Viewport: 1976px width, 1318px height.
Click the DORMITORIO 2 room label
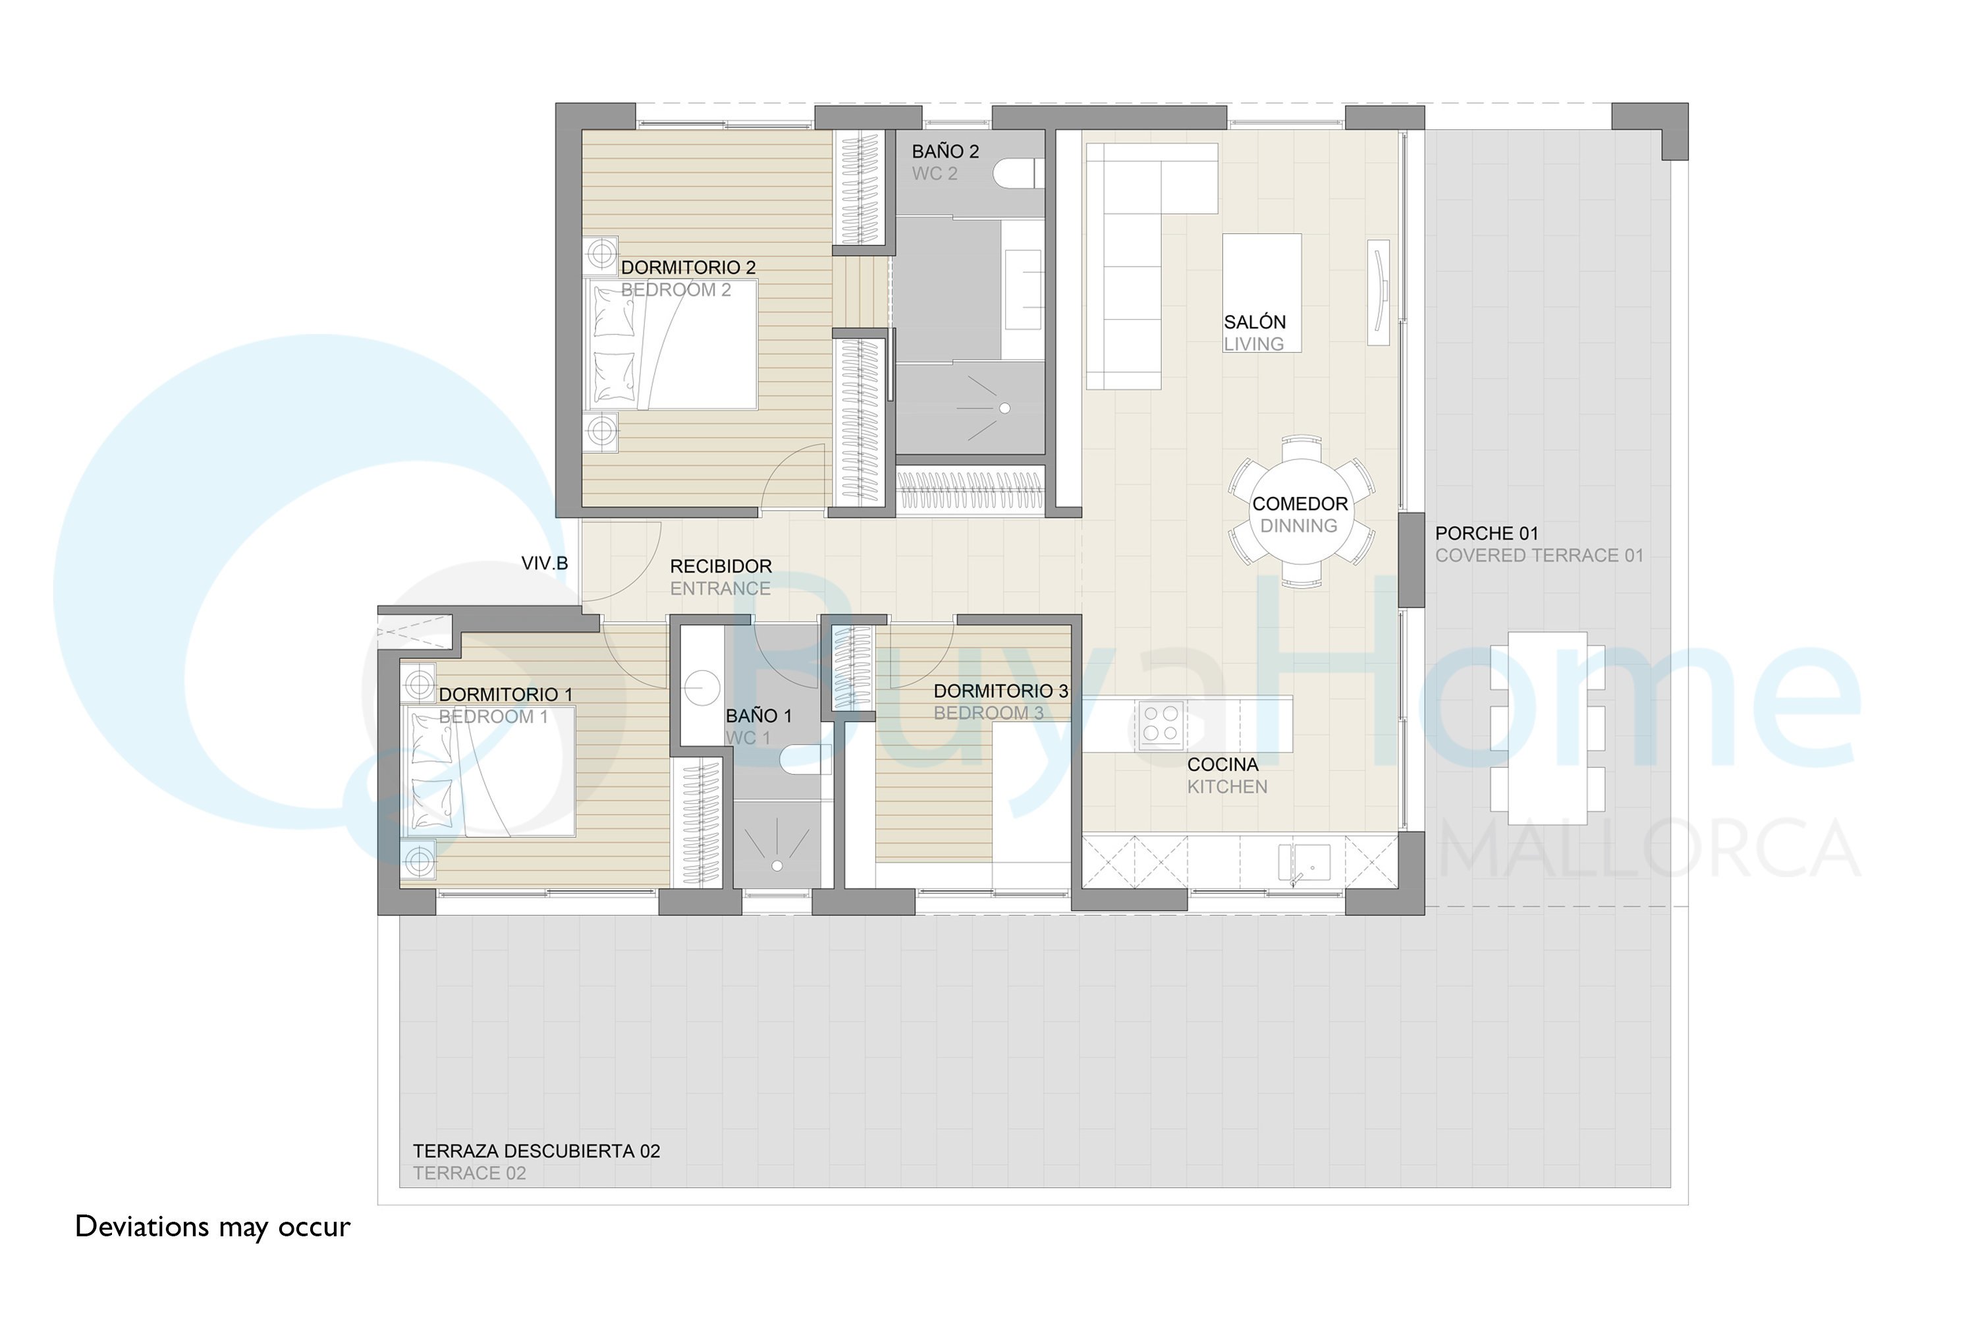[688, 268]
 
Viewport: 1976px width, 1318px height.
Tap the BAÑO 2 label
[945, 152]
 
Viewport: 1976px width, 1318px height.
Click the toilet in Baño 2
[1018, 173]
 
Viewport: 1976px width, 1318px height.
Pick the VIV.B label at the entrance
[545, 563]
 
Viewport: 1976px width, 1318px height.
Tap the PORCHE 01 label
[1486, 533]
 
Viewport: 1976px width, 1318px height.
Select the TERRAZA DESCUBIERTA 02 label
[536, 1151]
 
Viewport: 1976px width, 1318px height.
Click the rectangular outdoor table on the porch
[1547, 728]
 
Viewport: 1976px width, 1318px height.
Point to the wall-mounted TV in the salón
[1378, 293]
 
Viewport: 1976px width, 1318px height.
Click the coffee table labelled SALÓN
[1261, 293]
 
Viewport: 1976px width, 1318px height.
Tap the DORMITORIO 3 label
[1001, 691]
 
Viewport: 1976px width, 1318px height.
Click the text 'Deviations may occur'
[213, 1227]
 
